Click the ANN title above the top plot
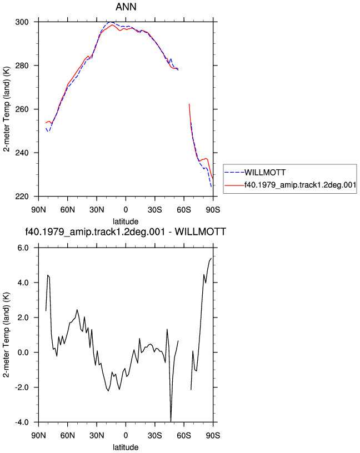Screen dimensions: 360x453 126,7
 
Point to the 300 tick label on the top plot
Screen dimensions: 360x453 22,22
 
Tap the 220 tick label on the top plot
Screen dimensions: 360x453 22,197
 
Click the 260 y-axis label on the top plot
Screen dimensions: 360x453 22,109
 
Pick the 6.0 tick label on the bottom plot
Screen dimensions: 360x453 23,248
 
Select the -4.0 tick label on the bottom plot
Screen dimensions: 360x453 22,422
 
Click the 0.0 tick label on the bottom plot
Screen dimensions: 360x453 23,353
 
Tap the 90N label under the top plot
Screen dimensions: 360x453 38,210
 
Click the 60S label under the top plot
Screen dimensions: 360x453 184,210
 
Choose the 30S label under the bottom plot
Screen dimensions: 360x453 154,435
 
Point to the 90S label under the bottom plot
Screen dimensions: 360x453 213,435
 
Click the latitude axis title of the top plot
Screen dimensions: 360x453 126,222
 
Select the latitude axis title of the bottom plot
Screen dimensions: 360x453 126,447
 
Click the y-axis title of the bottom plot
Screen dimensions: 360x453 6,335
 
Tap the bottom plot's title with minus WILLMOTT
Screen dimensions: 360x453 126,231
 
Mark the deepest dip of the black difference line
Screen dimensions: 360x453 171,421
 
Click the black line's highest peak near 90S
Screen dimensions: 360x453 211,258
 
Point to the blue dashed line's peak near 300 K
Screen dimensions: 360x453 110,22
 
